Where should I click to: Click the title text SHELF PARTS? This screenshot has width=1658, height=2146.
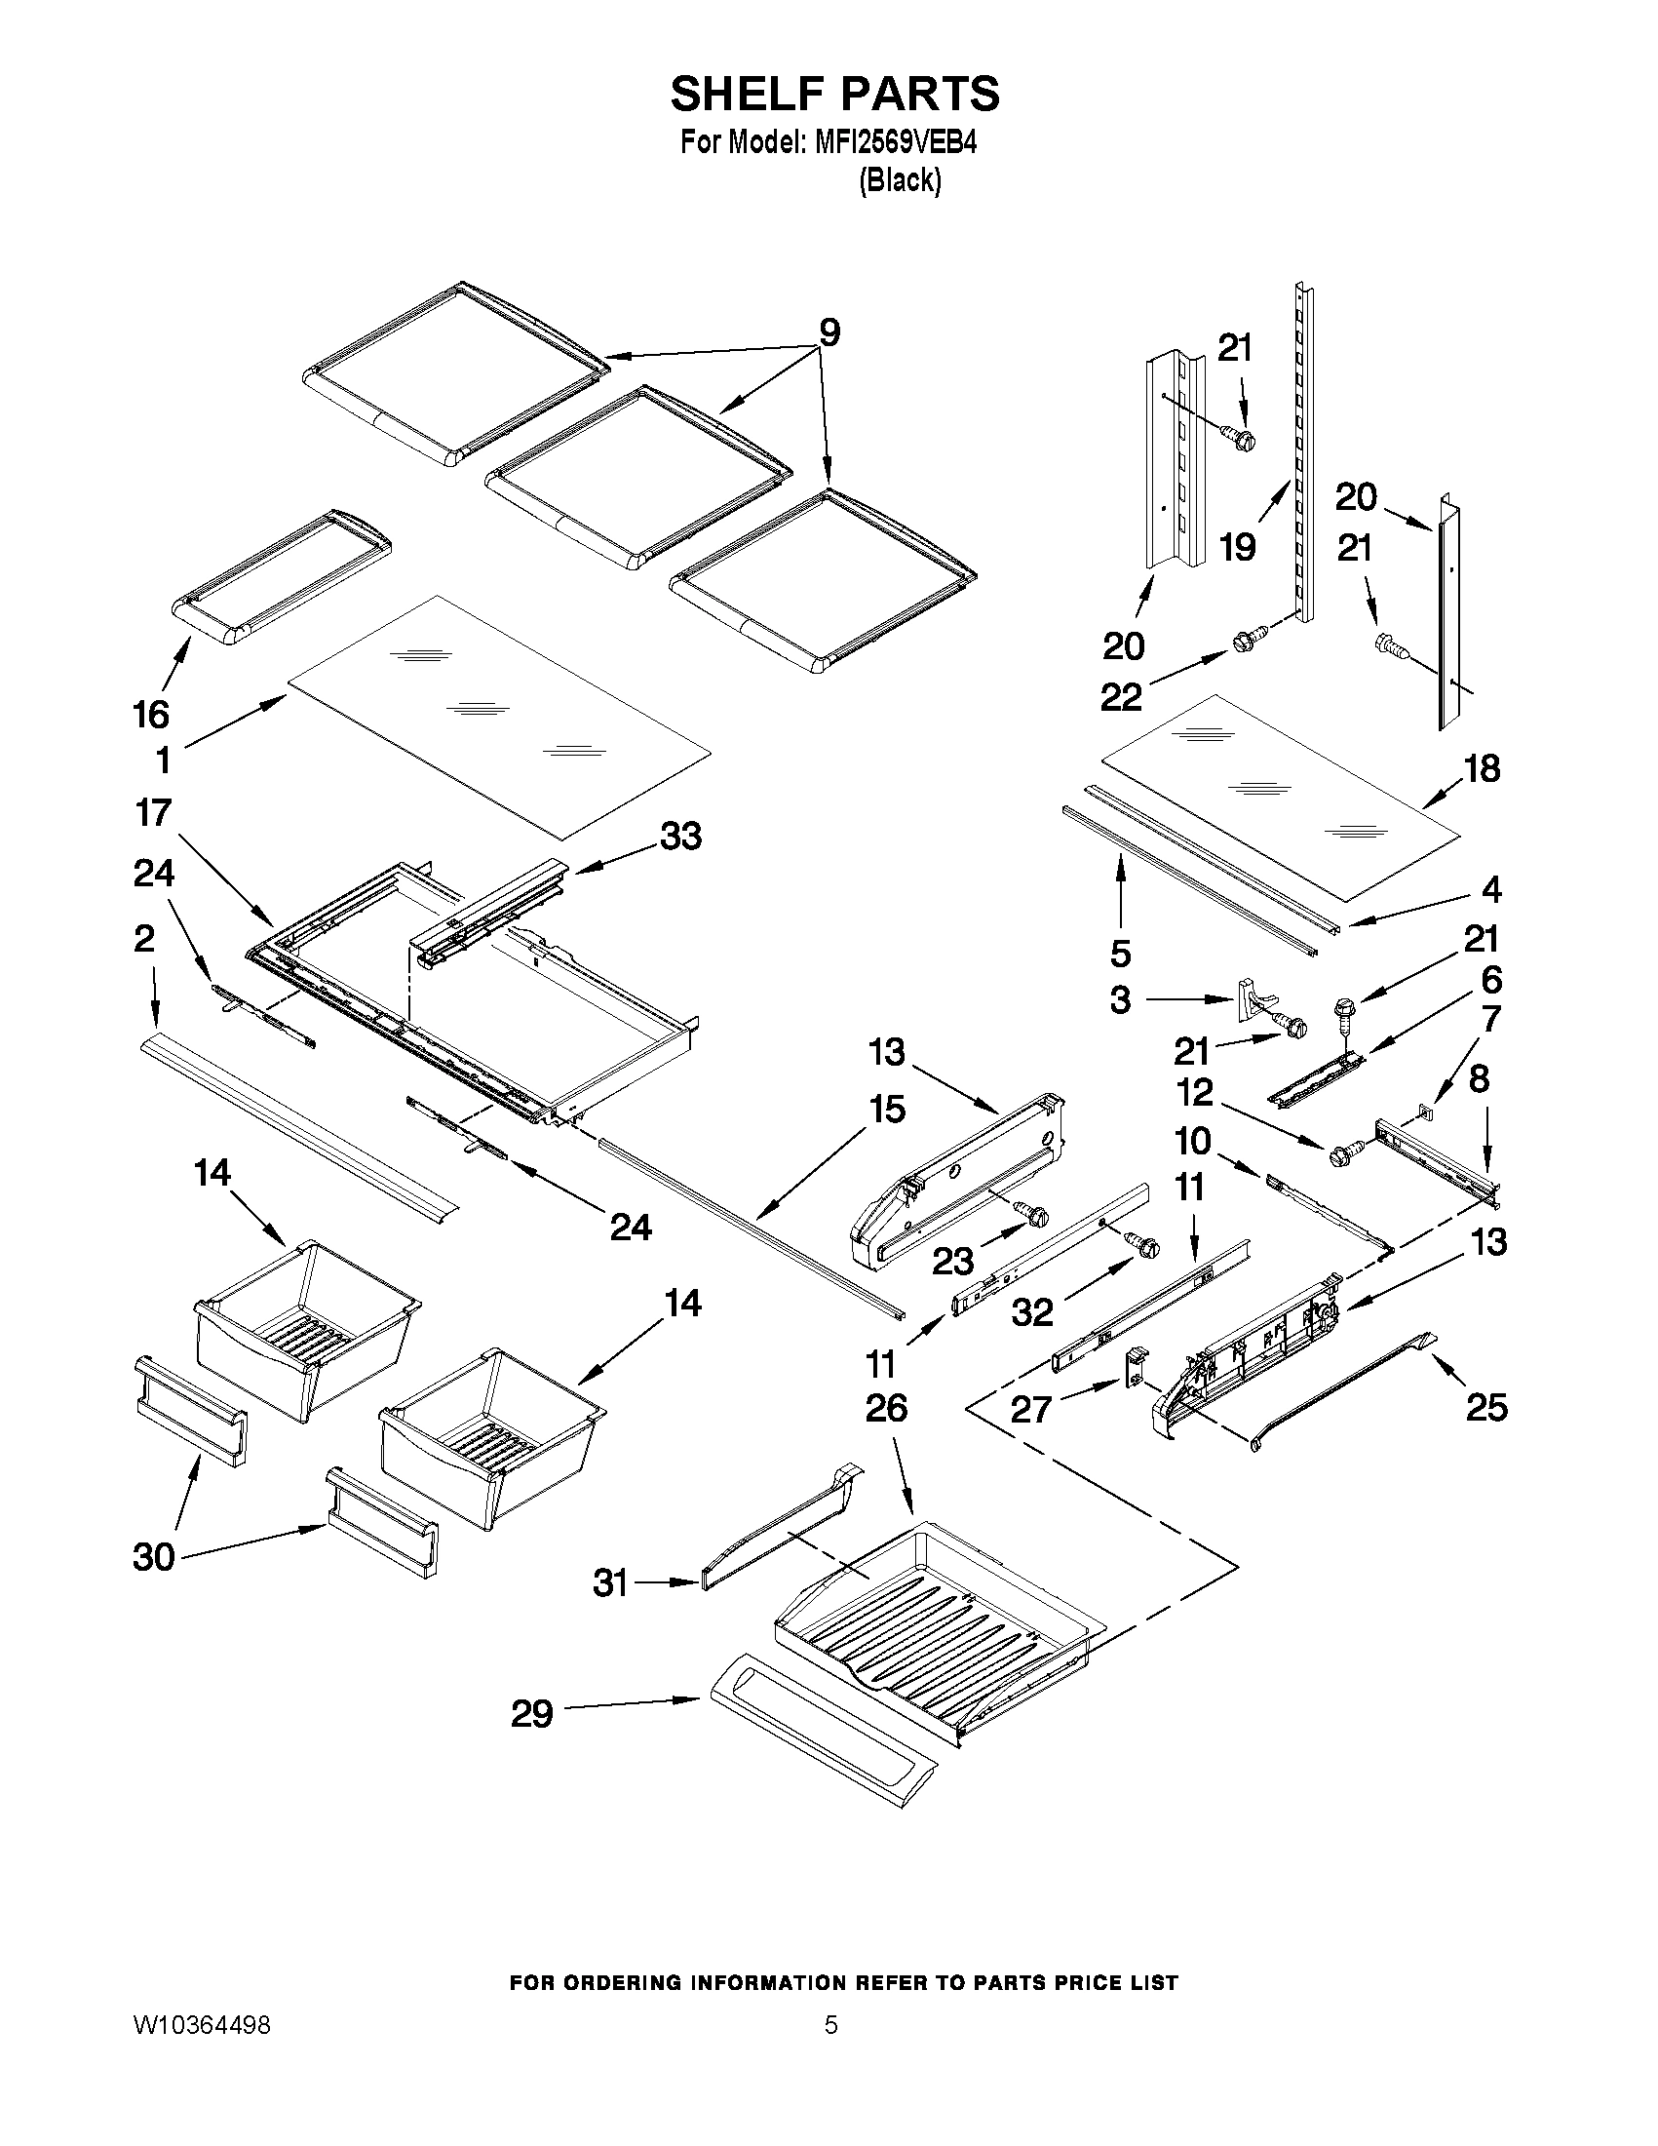(834, 94)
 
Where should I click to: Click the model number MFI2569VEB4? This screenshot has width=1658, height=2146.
(895, 143)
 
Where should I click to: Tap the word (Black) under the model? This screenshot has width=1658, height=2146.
(900, 180)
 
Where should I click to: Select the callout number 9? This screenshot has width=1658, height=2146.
(830, 333)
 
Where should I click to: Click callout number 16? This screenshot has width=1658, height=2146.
(151, 715)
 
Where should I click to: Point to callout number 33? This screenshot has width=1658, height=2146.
(680, 837)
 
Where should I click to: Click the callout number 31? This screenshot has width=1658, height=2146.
(610, 1583)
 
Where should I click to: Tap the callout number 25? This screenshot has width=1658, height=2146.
(1486, 1407)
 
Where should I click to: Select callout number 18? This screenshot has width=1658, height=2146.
(1483, 768)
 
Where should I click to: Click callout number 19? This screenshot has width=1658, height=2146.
(1237, 547)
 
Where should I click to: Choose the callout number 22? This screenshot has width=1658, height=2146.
(1121, 697)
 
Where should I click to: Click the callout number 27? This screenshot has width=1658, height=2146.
(1031, 1409)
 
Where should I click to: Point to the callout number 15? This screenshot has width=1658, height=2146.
(887, 1110)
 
